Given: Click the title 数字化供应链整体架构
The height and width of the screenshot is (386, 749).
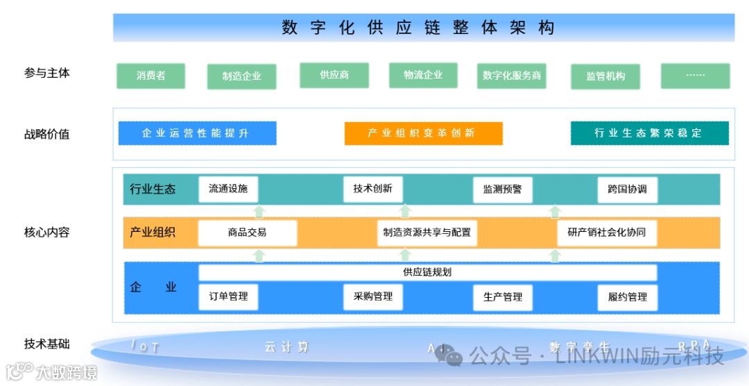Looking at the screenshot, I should click(418, 28).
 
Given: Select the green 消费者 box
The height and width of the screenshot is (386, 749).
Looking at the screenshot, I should click(150, 76).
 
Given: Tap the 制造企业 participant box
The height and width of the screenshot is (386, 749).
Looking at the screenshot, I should click(241, 76).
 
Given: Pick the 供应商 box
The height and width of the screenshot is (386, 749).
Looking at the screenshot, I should click(334, 75).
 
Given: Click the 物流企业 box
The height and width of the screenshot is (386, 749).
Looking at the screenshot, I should click(423, 75).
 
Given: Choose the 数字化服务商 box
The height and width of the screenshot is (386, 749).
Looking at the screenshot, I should click(512, 76).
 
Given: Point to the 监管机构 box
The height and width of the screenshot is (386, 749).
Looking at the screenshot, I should click(605, 76).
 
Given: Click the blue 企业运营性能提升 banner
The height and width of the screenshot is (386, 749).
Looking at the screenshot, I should click(197, 133).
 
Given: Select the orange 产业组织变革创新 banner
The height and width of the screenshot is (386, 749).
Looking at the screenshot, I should click(423, 133).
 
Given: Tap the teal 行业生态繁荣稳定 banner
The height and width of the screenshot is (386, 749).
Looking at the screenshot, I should click(649, 133).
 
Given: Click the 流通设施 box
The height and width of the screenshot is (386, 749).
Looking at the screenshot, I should click(228, 189).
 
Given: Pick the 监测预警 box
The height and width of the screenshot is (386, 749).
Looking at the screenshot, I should click(503, 189).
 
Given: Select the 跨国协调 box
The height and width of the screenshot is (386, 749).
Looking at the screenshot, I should click(628, 189).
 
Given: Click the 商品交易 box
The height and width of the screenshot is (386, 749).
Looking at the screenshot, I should click(247, 233).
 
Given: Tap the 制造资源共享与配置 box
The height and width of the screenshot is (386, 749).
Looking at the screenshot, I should click(427, 233).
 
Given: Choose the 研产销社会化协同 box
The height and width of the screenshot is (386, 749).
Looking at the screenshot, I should click(607, 233).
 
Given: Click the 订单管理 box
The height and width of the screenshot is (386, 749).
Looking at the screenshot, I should click(228, 296).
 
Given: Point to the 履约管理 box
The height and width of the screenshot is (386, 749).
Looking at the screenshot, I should click(628, 296).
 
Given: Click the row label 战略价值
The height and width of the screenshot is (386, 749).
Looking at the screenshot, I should click(47, 134).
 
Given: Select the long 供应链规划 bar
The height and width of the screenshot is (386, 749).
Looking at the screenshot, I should click(427, 272).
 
